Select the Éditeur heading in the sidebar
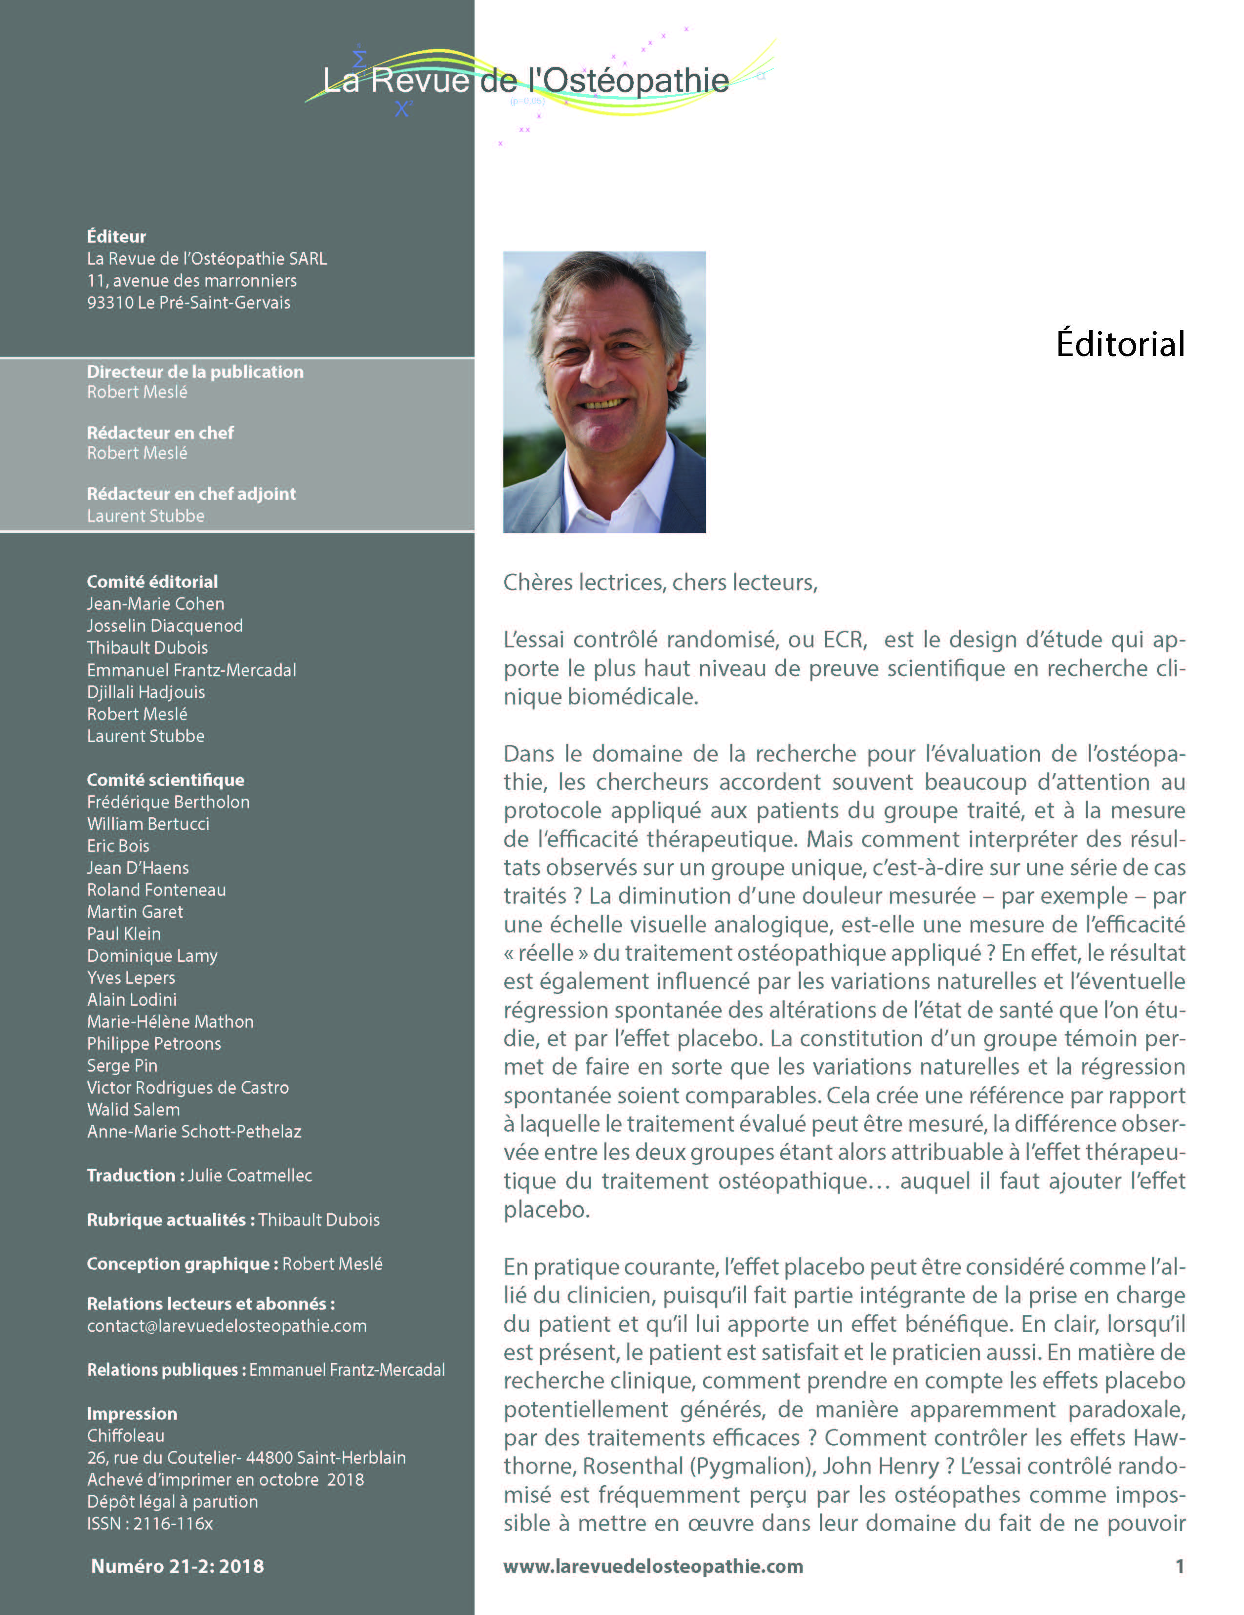point(116,237)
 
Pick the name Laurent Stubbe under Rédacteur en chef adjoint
point(145,516)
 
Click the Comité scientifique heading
point(165,780)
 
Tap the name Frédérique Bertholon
point(168,802)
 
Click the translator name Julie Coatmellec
point(250,1176)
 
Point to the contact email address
point(227,1326)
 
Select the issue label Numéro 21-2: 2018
point(178,1566)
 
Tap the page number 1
point(1179,1566)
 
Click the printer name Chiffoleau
point(126,1436)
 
